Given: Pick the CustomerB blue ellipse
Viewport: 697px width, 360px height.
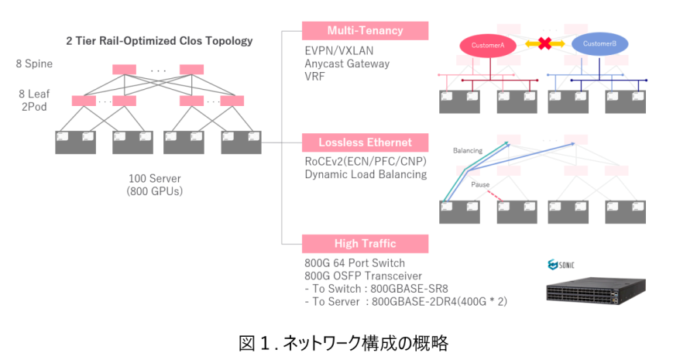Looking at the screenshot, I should click(599, 45).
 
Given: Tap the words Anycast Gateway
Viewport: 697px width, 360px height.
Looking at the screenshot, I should click(347, 63).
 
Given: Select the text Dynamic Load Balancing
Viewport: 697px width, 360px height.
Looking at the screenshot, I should click(366, 174).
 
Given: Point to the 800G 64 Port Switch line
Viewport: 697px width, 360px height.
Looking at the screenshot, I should click(355, 262).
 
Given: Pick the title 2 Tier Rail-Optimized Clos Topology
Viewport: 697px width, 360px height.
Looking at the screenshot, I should click(160, 39).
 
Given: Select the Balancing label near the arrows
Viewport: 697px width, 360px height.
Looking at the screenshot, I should click(468, 150).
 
